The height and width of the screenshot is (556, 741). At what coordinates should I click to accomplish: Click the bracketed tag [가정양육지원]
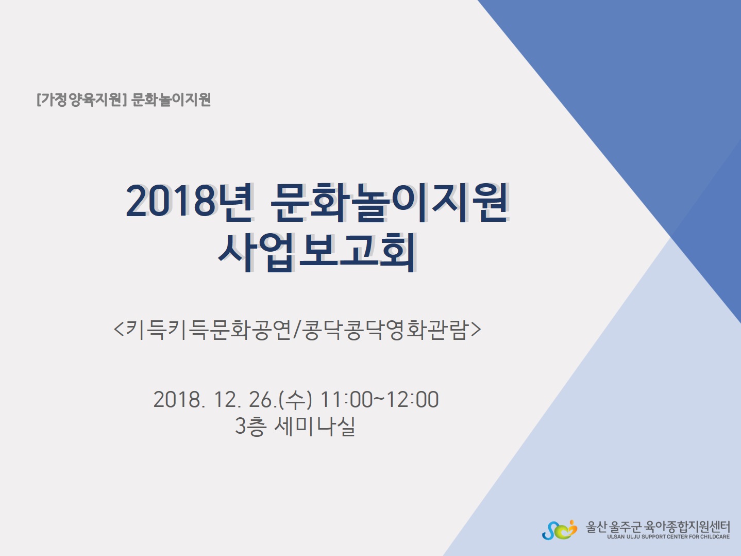click(x=81, y=100)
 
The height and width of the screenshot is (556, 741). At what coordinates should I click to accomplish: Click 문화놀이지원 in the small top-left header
click(x=171, y=100)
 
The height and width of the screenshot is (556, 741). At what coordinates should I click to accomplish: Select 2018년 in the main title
click(x=189, y=202)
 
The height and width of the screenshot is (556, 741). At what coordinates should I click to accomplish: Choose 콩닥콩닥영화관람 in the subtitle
click(x=385, y=329)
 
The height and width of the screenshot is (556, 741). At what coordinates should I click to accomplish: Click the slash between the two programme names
click(x=296, y=330)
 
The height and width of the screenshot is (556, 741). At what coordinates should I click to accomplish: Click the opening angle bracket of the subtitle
click(x=119, y=330)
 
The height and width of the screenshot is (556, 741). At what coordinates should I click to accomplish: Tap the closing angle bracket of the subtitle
click(x=476, y=330)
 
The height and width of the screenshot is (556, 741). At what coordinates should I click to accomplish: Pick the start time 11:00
click(x=346, y=400)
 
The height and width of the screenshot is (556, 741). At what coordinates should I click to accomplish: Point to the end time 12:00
click(x=412, y=400)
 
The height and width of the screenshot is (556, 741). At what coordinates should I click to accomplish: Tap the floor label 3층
click(x=251, y=427)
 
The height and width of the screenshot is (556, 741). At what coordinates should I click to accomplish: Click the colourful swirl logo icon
click(x=560, y=530)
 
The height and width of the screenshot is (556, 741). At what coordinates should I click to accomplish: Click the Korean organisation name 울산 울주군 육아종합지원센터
click(x=658, y=527)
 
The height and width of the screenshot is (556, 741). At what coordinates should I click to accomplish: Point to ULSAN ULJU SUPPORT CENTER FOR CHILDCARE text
click(x=668, y=537)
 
